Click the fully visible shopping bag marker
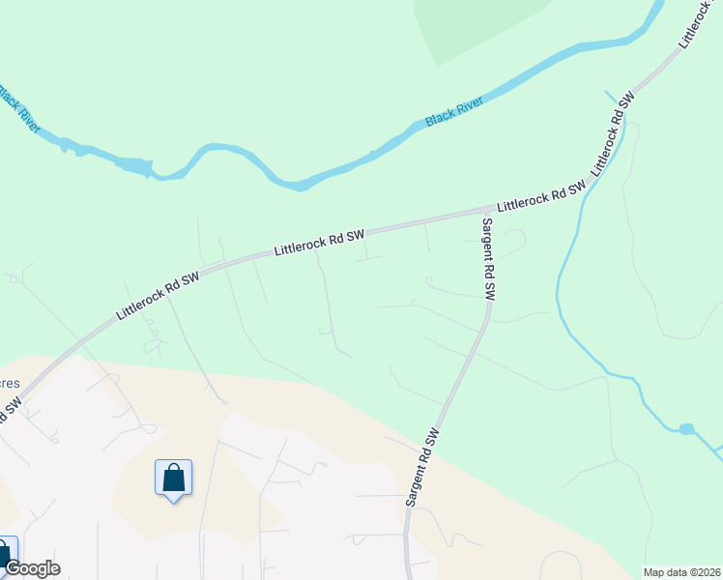click(x=173, y=478)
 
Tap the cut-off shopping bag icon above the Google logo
click(x=6, y=553)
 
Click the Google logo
click(x=32, y=568)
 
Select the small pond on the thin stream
click(x=686, y=429)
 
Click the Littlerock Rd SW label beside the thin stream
click(x=612, y=134)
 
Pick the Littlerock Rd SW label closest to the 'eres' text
click(x=157, y=296)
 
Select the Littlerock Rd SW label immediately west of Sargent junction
click(x=319, y=242)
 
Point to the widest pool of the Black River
click(x=135, y=167)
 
